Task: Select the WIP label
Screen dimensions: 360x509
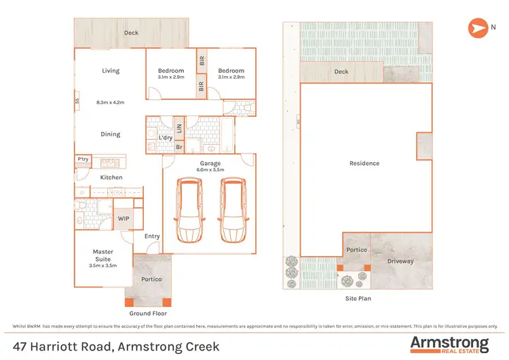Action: click(x=124, y=219)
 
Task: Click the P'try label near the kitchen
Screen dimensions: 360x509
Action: click(x=83, y=159)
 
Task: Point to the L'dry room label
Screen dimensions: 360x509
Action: click(x=165, y=138)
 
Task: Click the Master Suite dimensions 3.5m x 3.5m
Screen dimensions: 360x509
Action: click(x=103, y=266)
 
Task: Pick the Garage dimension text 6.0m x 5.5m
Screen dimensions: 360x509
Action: click(x=208, y=170)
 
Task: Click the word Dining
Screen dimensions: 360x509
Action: click(x=111, y=134)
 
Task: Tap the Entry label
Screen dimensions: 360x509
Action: click(x=152, y=236)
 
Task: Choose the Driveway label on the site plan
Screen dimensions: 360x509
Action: click(x=400, y=261)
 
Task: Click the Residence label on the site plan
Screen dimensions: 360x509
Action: click(x=364, y=163)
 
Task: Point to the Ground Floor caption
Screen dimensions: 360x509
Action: click(x=148, y=313)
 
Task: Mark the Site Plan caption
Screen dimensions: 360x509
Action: click(x=358, y=298)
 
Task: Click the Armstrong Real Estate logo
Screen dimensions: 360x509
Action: click(x=449, y=344)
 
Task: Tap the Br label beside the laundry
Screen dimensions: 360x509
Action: click(x=179, y=147)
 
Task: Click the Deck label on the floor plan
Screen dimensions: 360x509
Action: click(x=132, y=32)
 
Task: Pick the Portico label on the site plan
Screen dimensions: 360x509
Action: click(x=357, y=250)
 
